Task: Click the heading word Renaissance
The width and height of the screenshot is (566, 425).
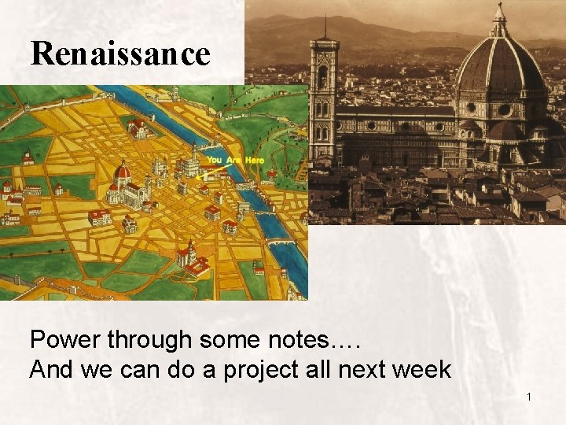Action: pyautogui.click(x=120, y=54)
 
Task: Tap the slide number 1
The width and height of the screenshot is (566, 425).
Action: pyautogui.click(x=529, y=397)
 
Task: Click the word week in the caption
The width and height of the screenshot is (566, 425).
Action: pyautogui.click(x=420, y=369)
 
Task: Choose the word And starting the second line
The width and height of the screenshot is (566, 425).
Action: pyautogui.click(x=50, y=369)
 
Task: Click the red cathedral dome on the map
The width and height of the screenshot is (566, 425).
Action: pyautogui.click(x=123, y=171)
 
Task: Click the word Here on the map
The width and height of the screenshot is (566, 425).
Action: pyautogui.click(x=254, y=161)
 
